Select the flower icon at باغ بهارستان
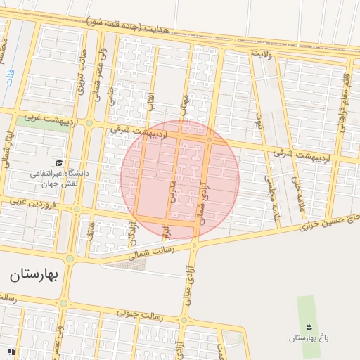click(x=308, y=325)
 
